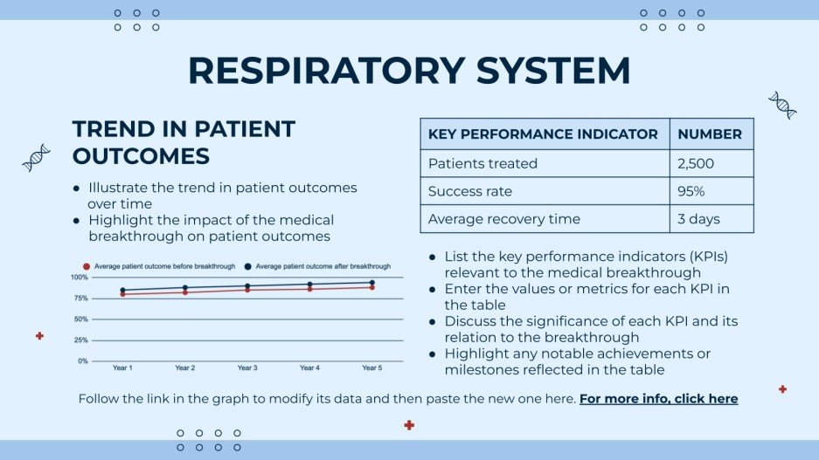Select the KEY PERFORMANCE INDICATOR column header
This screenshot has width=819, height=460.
[543, 134]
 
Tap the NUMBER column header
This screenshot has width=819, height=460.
[710, 134]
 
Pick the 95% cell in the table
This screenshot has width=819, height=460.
[691, 191]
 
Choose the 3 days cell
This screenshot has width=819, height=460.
[698, 219]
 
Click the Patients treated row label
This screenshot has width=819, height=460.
[482, 163]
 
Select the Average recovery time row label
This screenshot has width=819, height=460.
[503, 219]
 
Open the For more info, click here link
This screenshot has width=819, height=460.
[658, 399]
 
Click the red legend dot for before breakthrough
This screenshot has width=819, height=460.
[86, 265]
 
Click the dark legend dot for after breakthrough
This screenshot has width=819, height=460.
[248, 265]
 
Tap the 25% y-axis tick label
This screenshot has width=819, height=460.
[80, 340]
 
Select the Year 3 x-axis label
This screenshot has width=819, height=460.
[247, 367]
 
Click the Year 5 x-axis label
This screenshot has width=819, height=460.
[371, 367]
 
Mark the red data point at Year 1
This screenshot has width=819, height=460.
[123, 294]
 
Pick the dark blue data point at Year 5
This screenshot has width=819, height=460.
[371, 282]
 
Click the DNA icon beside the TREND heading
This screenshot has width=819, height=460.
[36, 158]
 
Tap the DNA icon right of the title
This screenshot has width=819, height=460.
[781, 105]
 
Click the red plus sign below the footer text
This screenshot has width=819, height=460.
[409, 425]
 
